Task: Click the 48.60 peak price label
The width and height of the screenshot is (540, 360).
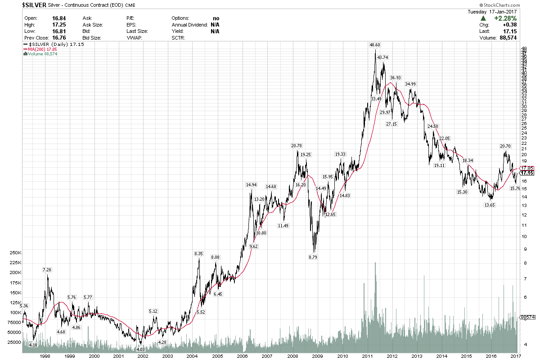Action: pyautogui.click(x=375, y=45)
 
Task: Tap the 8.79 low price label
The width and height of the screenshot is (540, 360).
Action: pyautogui.click(x=313, y=257)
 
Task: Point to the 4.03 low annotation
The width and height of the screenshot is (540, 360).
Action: pyautogui.click(x=140, y=349)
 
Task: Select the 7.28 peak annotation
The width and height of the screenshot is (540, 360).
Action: pyautogui.click(x=47, y=270)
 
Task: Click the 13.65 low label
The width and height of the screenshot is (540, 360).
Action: pyautogui.click(x=490, y=205)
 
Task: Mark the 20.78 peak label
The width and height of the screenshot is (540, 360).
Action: pyautogui.click(x=297, y=145)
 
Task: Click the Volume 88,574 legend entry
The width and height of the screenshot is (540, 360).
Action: pyautogui.click(x=41, y=54)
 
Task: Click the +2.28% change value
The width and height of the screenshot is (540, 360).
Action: pyautogui.click(x=505, y=18)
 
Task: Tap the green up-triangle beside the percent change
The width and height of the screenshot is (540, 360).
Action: pyautogui.click(x=483, y=18)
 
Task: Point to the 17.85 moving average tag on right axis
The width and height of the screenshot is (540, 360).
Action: pyautogui.click(x=527, y=168)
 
